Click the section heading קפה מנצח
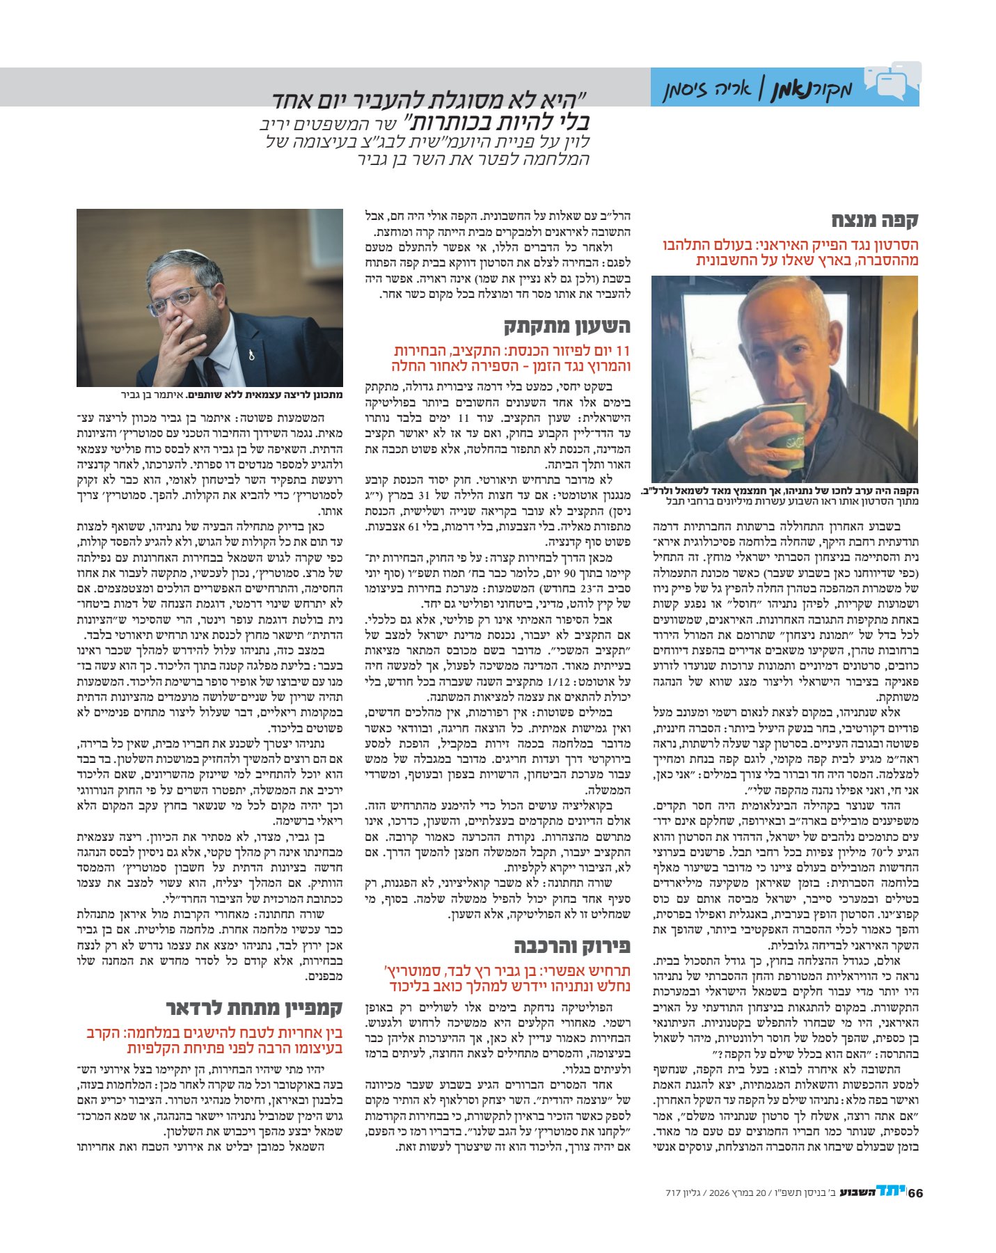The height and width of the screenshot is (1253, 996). coord(875,221)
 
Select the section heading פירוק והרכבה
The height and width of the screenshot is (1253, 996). coord(572,945)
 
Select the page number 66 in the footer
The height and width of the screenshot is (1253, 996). coord(915,1192)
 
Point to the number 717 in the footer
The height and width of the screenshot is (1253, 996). coord(672,1193)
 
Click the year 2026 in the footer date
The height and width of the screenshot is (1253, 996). coord(720,1193)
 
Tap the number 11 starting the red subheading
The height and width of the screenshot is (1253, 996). coord(622,351)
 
